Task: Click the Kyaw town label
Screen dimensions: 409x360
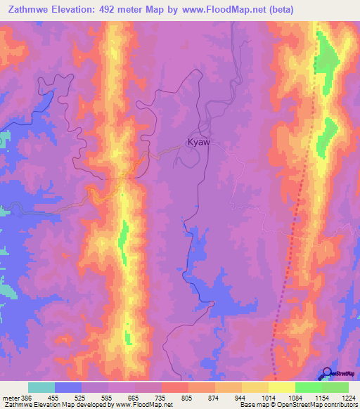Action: [199, 142]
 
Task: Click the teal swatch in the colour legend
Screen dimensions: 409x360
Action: [41, 387]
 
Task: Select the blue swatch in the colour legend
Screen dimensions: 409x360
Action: [68, 387]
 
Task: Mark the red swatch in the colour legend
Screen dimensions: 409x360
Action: [175, 387]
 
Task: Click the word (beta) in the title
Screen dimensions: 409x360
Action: [280, 9]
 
